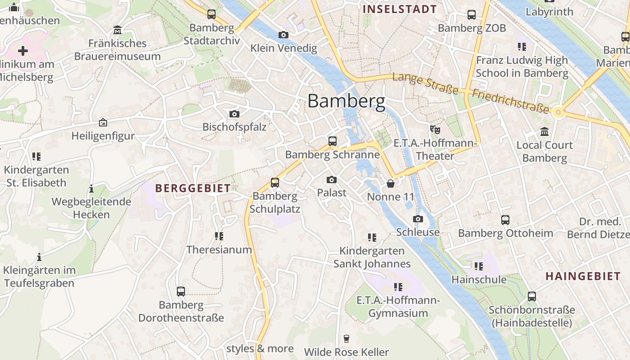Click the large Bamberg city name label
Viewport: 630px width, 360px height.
pyautogui.click(x=346, y=101)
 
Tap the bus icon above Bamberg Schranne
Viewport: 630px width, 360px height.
pyautogui.click(x=333, y=141)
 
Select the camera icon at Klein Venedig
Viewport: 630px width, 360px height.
pyautogui.click(x=283, y=35)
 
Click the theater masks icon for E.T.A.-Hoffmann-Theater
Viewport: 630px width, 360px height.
pyautogui.click(x=434, y=130)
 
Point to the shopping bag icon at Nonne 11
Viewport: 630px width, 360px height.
pyautogui.click(x=391, y=184)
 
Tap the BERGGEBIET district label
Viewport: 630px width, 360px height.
pyautogui.click(x=193, y=188)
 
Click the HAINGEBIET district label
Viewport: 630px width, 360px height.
pyautogui.click(x=583, y=276)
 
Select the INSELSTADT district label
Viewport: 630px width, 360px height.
pyautogui.click(x=400, y=9)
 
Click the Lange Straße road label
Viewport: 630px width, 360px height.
pyautogui.click(x=425, y=84)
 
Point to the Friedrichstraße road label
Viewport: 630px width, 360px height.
pyautogui.click(x=511, y=101)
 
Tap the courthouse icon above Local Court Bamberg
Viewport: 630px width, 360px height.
pyautogui.click(x=544, y=132)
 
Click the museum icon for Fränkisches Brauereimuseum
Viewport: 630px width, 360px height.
pyautogui.click(x=117, y=30)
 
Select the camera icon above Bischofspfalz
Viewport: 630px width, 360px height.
pyautogui.click(x=234, y=114)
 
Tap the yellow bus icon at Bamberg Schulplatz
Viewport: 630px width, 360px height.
pyautogui.click(x=274, y=183)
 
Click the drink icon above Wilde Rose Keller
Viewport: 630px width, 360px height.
pyautogui.click(x=346, y=338)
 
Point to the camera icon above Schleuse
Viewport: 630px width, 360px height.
pyautogui.click(x=418, y=219)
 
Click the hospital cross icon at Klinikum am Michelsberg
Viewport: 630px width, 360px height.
pyautogui.click(x=23, y=50)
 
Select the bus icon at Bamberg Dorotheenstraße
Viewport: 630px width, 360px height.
pyautogui.click(x=180, y=292)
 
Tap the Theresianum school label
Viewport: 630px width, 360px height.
pyautogui.click(x=219, y=249)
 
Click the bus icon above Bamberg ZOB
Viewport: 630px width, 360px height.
pyautogui.click(x=472, y=15)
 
